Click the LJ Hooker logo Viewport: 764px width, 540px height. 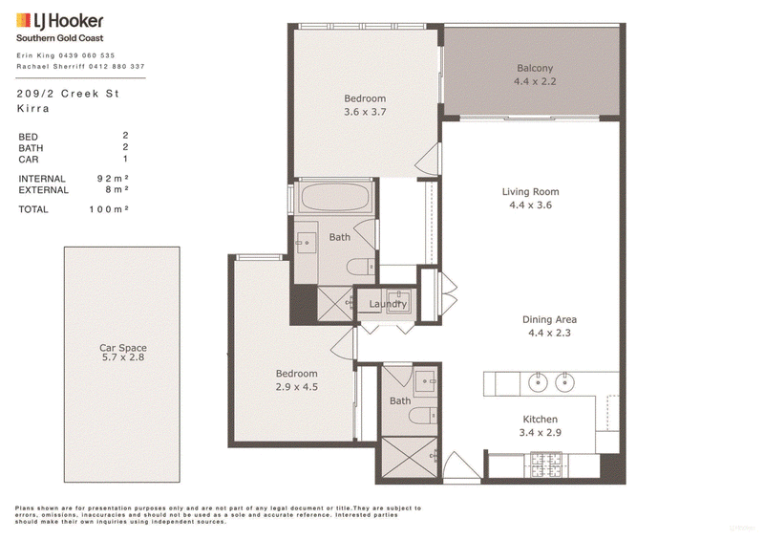click(60, 21)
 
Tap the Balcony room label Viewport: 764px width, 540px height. click(535, 68)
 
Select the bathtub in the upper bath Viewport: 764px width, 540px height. click(334, 197)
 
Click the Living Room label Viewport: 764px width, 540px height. click(530, 192)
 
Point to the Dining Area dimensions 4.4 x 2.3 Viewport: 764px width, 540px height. click(549, 334)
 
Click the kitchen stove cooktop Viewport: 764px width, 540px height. click(545, 464)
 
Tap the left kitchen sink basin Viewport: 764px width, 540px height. click(538, 382)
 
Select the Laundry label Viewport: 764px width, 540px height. click(388, 304)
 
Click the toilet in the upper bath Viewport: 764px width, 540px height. click(361, 268)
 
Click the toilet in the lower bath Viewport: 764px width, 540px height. click(422, 416)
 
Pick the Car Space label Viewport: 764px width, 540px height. click(123, 348)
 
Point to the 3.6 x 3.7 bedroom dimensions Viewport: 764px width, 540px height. click(365, 112)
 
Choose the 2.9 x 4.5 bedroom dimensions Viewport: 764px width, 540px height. click(297, 387)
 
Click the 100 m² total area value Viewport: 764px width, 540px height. click(109, 209)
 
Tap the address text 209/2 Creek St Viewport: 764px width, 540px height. click(68, 94)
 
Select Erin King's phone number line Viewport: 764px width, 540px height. click(66, 55)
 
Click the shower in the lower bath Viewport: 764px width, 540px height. click(410, 457)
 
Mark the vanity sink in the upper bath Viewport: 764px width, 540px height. click(306, 243)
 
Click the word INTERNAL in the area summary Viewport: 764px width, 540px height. click(42, 179)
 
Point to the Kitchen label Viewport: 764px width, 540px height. click(540, 419)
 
